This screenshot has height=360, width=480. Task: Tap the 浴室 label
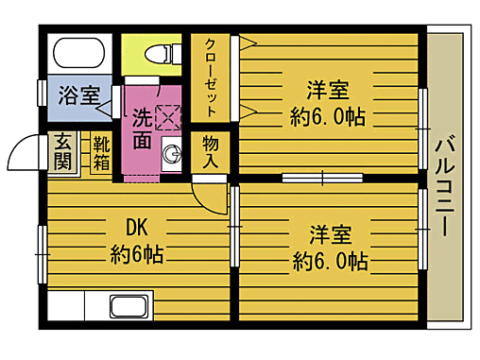[78, 95]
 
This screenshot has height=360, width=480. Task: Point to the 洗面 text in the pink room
[141, 129]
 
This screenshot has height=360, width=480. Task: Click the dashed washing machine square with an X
[167, 117]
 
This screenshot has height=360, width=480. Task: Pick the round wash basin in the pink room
[172, 153]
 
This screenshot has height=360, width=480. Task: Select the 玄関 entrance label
[61, 151]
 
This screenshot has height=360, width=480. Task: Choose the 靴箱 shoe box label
[101, 154]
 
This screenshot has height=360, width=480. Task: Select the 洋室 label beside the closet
[327, 92]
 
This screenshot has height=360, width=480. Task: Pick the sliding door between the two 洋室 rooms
[321, 177]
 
